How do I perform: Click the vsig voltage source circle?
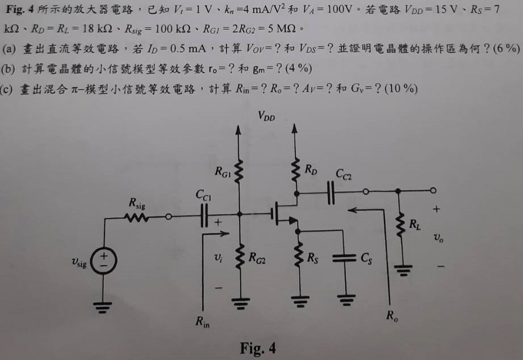(x=104, y=261)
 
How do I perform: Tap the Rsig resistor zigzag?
(x=136, y=217)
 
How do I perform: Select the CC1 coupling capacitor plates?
(x=204, y=216)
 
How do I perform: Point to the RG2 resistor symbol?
(x=240, y=257)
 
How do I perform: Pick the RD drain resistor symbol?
(x=295, y=170)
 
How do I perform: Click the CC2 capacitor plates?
(x=331, y=192)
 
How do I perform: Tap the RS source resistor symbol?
(x=299, y=254)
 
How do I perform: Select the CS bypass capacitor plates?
(x=344, y=258)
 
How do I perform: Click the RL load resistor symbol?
(x=400, y=225)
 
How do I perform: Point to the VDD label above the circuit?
(x=266, y=116)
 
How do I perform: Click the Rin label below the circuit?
(x=203, y=321)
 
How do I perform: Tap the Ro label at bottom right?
(x=392, y=315)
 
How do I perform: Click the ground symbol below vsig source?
(x=103, y=307)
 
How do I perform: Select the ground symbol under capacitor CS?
(x=346, y=300)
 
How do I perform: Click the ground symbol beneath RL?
(x=403, y=270)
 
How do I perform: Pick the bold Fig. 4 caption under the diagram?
(x=258, y=348)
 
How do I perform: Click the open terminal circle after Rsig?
(x=169, y=217)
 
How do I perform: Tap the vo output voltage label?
(x=438, y=237)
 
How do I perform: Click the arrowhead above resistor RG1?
(x=238, y=130)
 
